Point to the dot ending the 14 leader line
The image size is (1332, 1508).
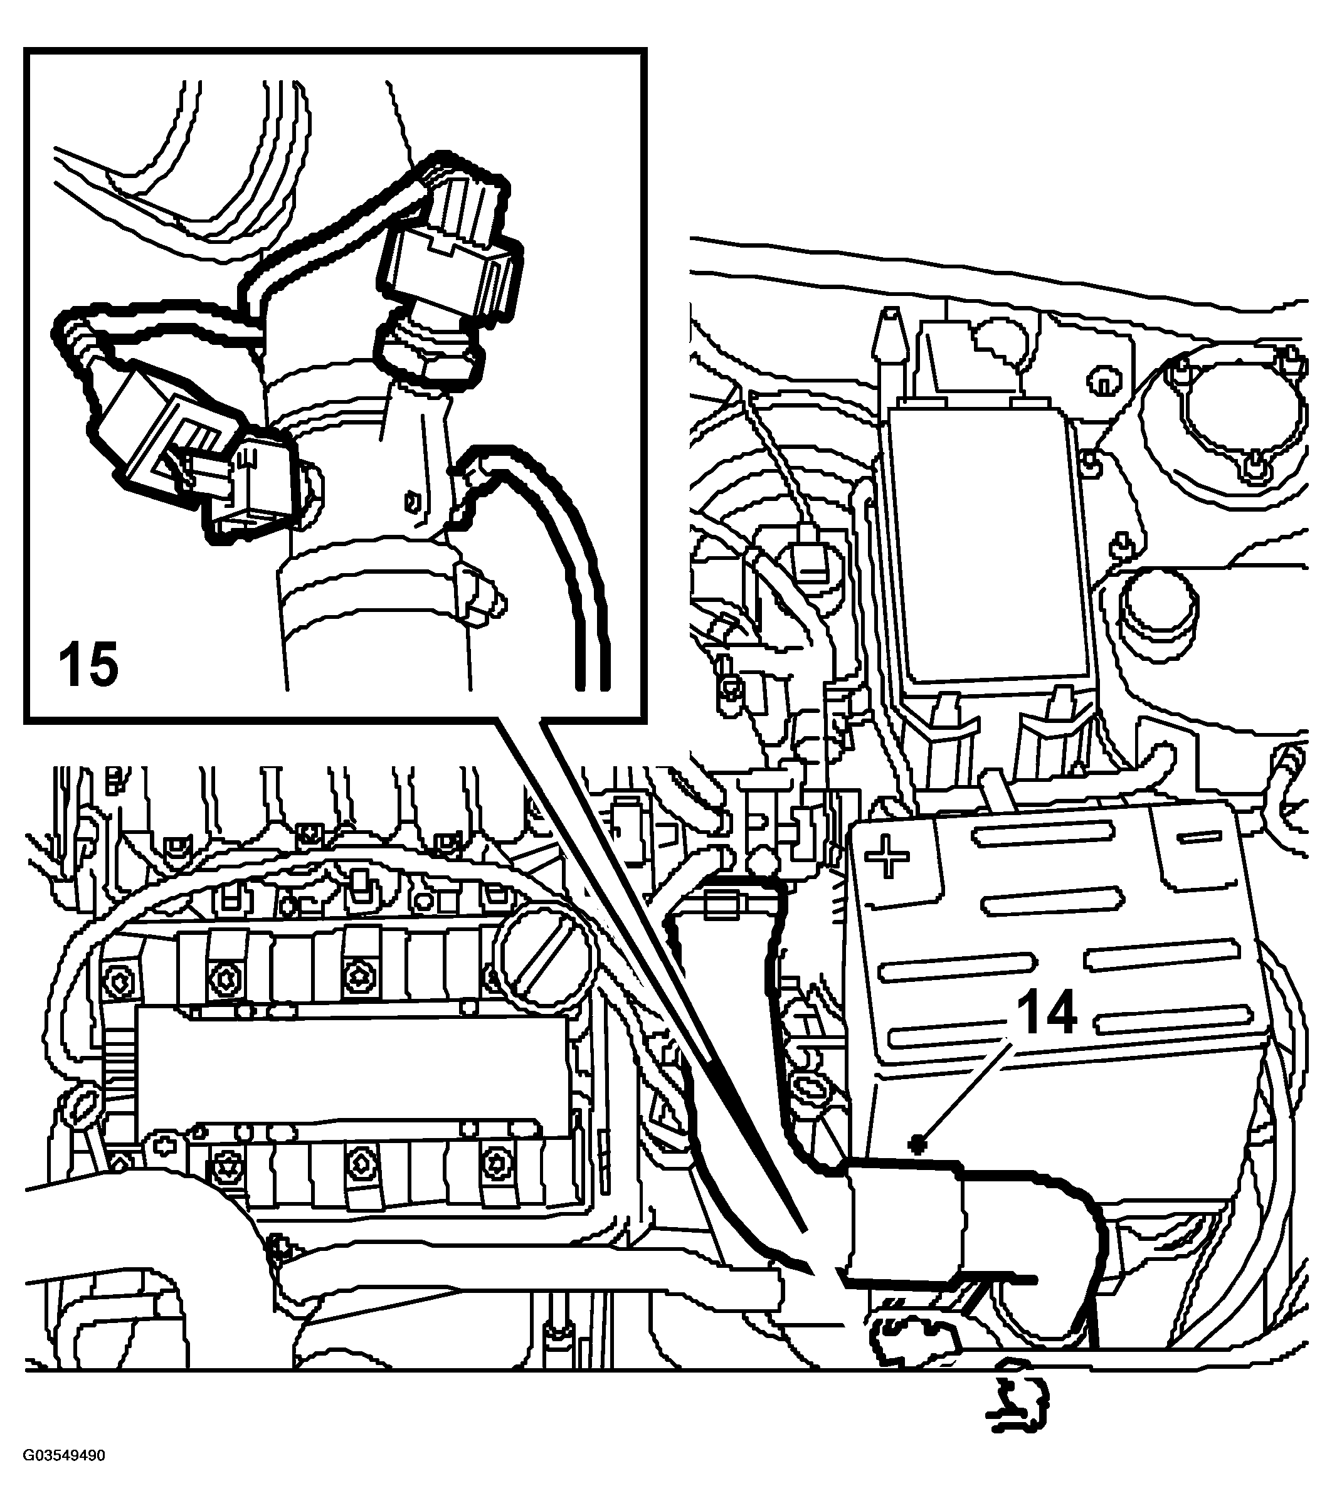coord(919,1165)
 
